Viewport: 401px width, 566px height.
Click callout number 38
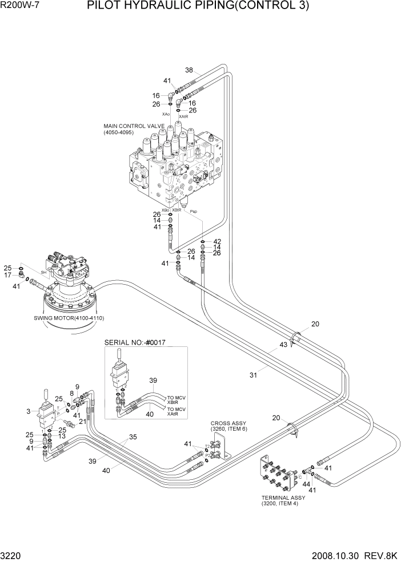(x=189, y=70)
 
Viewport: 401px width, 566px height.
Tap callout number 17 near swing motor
(x=8, y=275)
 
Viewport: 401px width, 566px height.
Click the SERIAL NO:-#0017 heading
(x=138, y=342)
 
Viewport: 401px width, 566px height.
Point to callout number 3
(x=28, y=411)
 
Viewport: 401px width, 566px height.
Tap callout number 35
(x=133, y=437)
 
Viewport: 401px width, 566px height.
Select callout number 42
(x=216, y=241)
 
